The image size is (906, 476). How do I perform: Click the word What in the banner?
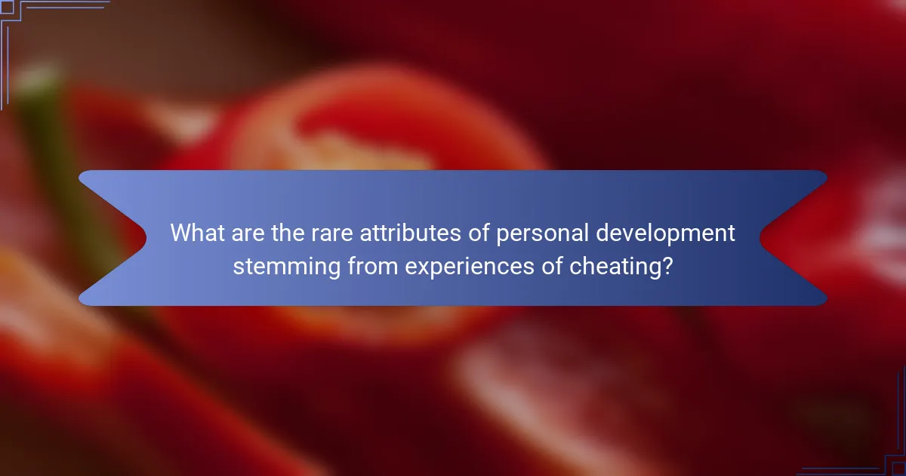(x=195, y=233)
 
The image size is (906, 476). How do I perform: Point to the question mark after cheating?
(x=667, y=265)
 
